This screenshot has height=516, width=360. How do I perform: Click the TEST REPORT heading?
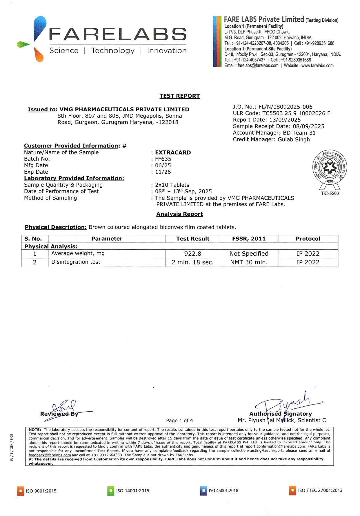179,96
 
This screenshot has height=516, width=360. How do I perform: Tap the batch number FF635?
163,159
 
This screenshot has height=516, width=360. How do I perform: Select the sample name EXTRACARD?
173,152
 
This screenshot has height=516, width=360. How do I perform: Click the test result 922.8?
192,254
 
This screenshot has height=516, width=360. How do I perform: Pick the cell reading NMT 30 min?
249,262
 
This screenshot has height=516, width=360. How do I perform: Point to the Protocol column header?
308,239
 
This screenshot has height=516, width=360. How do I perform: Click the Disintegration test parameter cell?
76,262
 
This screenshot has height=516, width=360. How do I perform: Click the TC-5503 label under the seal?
330,193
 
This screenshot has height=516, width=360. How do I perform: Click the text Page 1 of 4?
179,420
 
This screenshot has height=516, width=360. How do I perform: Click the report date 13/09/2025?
285,120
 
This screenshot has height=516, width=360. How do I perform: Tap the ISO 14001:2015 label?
132,491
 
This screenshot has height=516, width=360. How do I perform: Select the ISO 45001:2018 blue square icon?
203,491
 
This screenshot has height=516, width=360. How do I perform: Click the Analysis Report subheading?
179,214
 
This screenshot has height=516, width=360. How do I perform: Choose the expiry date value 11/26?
163,172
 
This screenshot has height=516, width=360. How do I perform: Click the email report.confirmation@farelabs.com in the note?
275,446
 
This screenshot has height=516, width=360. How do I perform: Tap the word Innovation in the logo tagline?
167,51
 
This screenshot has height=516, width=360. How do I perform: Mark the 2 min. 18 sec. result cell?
192,262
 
